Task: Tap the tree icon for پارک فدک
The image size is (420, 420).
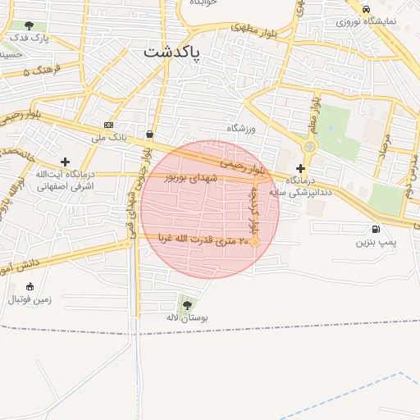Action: [30, 26]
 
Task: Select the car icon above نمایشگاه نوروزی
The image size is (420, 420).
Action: [365, 8]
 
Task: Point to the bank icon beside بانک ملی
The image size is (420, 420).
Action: [109, 126]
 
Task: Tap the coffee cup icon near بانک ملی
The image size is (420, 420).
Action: [148, 134]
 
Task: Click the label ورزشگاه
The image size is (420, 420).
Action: [243, 129]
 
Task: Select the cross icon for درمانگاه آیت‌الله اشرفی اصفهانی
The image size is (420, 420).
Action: [65, 162]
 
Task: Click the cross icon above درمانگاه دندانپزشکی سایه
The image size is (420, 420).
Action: [301, 167]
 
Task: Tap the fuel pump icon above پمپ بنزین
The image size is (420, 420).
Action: [376, 230]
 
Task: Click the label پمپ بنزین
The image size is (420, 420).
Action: [376, 243]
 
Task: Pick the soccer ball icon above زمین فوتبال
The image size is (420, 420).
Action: [30, 286]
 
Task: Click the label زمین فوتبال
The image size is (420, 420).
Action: [30, 299]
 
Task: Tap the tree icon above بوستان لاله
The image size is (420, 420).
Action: [188, 304]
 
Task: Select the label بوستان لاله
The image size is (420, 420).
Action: [188, 317]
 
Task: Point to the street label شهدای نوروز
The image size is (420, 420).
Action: [192, 177]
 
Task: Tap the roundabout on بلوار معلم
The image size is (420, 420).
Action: [309, 147]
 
